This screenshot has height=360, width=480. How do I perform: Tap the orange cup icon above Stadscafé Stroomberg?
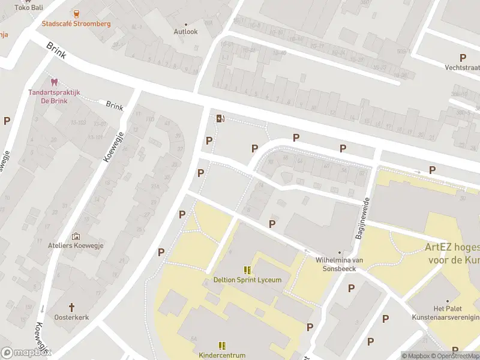coord(76,13)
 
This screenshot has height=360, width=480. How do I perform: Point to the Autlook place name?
coord(185,31)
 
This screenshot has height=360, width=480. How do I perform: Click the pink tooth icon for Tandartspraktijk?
coord(54,82)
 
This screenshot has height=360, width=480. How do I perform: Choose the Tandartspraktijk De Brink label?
coord(53,97)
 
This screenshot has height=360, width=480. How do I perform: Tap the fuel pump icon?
coord(220,118)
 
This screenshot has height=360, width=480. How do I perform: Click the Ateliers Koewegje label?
coord(76,245)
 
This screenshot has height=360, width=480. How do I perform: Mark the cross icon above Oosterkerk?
coord(71,307)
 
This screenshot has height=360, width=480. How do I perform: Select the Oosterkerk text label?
coord(71,317)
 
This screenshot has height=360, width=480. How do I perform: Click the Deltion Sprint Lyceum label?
coord(247,280)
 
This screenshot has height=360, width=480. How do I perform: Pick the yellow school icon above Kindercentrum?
coord(222,345)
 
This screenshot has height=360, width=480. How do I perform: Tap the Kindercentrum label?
coord(222,355)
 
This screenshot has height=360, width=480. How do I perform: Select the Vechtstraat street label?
coord(463,67)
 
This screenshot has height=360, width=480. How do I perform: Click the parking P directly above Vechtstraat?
coord(463,58)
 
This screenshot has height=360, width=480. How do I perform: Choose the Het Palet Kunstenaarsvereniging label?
coord(446,313)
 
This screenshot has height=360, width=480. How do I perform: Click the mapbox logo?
coord(26,353)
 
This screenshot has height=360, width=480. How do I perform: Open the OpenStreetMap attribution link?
coord(454,356)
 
